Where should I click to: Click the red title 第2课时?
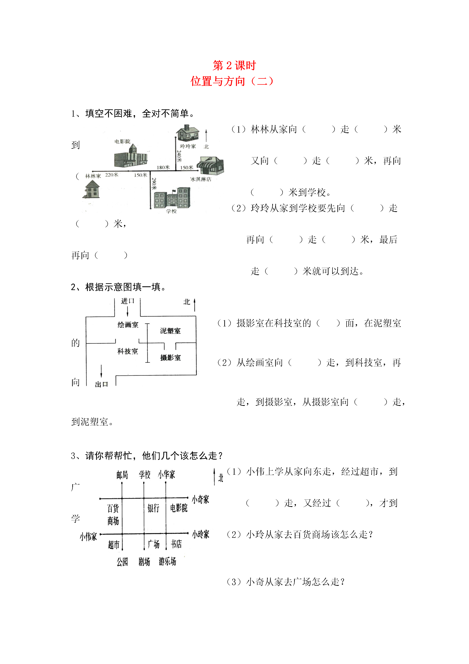coord(234,66)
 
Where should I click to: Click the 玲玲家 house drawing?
coord(188,133)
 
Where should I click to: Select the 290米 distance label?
coord(154,184)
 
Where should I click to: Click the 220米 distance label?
coord(111,175)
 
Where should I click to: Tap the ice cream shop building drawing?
coord(210,166)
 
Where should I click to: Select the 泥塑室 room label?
coord(170,331)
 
